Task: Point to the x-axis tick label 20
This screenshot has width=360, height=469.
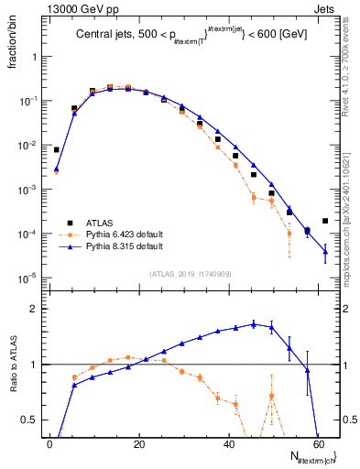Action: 139,442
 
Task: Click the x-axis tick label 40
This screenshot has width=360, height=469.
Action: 229,442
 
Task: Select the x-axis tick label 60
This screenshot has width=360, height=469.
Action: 318,442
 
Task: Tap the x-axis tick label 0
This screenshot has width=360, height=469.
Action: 49,442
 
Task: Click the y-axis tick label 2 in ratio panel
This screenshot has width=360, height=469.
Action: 34,310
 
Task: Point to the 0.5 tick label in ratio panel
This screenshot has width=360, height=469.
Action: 29,420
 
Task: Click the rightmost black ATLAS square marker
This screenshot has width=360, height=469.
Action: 325,221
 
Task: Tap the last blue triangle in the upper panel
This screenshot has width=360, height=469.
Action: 325,252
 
